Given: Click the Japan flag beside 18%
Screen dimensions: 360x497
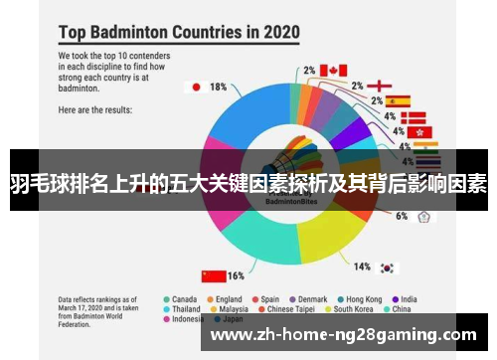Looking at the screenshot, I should [195, 87].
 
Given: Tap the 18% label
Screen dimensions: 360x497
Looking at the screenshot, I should [219, 87].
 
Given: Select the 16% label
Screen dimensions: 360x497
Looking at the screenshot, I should [237, 275].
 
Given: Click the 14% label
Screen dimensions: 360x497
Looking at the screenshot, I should [363, 267].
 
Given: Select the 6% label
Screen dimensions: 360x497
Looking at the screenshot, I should [402, 215].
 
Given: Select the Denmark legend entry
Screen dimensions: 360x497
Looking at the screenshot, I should [310, 299].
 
